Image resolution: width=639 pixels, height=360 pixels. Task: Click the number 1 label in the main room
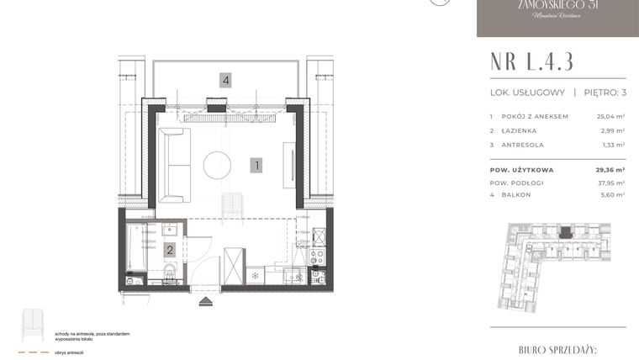(x=256, y=166)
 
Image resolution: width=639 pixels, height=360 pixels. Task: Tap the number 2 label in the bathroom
(x=170, y=249)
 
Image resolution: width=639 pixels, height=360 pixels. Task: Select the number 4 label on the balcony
(x=225, y=81)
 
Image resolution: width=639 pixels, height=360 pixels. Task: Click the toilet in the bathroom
(x=172, y=273)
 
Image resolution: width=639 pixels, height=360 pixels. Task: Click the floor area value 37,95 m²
(x=610, y=182)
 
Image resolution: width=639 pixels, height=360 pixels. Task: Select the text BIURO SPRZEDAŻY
(x=557, y=347)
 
